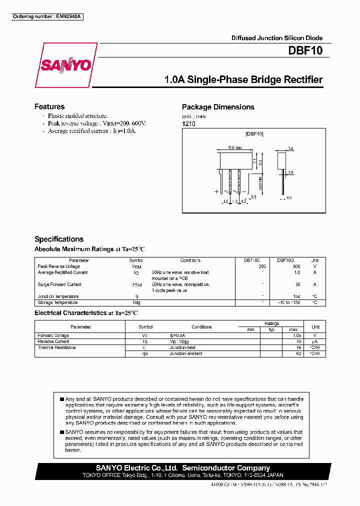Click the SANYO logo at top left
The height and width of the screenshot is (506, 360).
(66, 65)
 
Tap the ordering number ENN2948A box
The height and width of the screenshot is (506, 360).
(47, 16)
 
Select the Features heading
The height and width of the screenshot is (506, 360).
(49, 106)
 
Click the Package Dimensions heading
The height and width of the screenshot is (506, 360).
(218, 107)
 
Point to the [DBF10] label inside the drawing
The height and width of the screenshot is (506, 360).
(254, 134)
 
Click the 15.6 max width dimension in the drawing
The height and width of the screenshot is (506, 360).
(234, 148)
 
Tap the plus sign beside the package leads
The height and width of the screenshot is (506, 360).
(216, 191)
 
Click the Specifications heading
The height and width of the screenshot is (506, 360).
(59, 239)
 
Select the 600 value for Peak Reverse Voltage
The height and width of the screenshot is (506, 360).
(296, 266)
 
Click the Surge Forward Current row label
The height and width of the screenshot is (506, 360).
(59, 284)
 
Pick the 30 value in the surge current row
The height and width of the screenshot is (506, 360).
(297, 284)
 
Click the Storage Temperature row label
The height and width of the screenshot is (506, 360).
(57, 302)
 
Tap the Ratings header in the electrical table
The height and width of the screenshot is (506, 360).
(272, 323)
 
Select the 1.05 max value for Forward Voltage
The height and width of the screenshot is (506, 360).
(297, 335)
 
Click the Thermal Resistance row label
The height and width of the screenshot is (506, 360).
(56, 347)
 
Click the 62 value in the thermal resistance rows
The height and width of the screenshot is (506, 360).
(298, 353)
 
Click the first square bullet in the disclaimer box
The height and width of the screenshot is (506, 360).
(62, 399)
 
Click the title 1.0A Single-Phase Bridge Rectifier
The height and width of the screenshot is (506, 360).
(243, 80)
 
